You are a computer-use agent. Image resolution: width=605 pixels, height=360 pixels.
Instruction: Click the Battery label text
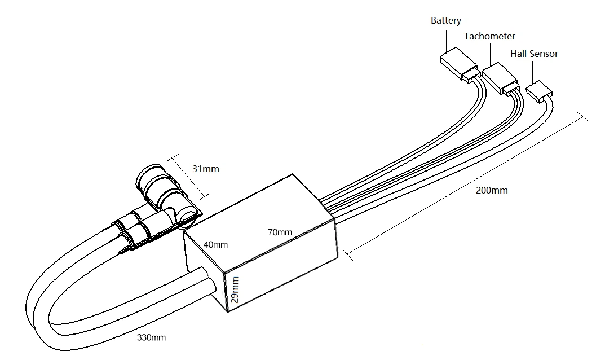[445, 20]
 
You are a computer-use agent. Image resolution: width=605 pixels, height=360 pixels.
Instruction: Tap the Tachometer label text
[489, 36]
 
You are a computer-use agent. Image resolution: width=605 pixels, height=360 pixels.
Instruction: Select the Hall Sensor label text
[534, 54]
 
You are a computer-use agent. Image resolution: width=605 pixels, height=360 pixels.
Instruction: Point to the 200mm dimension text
[492, 190]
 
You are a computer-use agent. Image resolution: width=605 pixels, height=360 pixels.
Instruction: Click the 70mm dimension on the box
[280, 232]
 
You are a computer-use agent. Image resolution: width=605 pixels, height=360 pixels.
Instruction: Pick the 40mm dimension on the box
[216, 245]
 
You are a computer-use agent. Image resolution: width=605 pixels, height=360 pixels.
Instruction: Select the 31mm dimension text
[206, 169]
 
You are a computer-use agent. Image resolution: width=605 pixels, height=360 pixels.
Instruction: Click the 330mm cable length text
[151, 337]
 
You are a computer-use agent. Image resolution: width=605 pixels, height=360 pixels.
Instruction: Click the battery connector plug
[459, 65]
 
